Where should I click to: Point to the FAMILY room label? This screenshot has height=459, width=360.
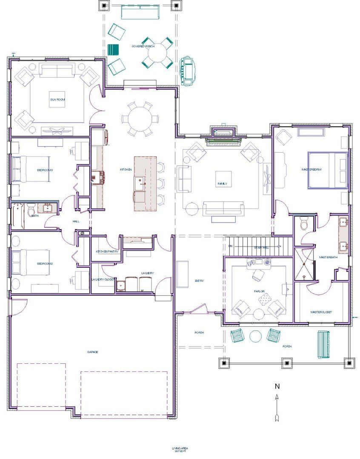[223, 184]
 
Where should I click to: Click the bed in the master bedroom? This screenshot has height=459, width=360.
[328, 170]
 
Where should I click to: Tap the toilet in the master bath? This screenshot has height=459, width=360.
[304, 223]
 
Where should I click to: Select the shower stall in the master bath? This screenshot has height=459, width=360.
[305, 264]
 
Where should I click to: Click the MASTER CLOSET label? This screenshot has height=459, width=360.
[321, 312]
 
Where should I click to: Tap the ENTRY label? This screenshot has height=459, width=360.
[199, 281]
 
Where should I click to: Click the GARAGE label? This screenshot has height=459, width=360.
[93, 352]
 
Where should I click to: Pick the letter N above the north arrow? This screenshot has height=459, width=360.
[277, 386]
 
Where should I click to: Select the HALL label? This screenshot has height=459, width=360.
[76, 221]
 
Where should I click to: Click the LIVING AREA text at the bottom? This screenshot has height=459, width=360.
[180, 448]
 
